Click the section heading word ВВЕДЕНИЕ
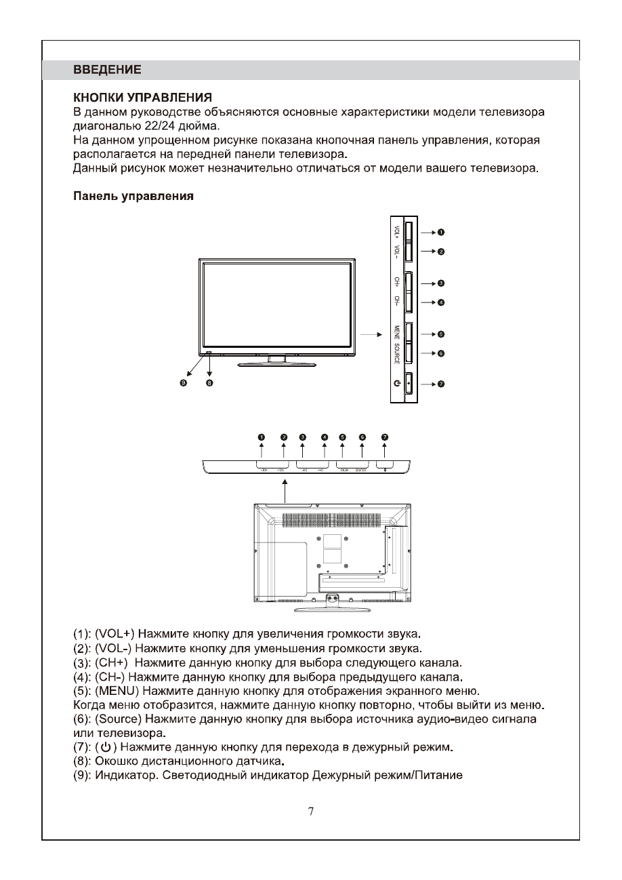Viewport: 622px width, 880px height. (x=107, y=70)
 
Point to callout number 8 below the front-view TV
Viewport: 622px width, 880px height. (x=209, y=383)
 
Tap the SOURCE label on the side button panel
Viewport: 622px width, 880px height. (x=396, y=353)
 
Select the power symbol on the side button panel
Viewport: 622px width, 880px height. (x=396, y=384)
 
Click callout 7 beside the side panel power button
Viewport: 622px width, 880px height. (x=440, y=384)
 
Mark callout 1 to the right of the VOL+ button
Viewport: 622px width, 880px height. (x=440, y=232)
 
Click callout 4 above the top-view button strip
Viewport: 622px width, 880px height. (x=324, y=437)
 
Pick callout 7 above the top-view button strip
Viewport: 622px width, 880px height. (x=385, y=437)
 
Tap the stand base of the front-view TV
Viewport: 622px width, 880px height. (x=276, y=364)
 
